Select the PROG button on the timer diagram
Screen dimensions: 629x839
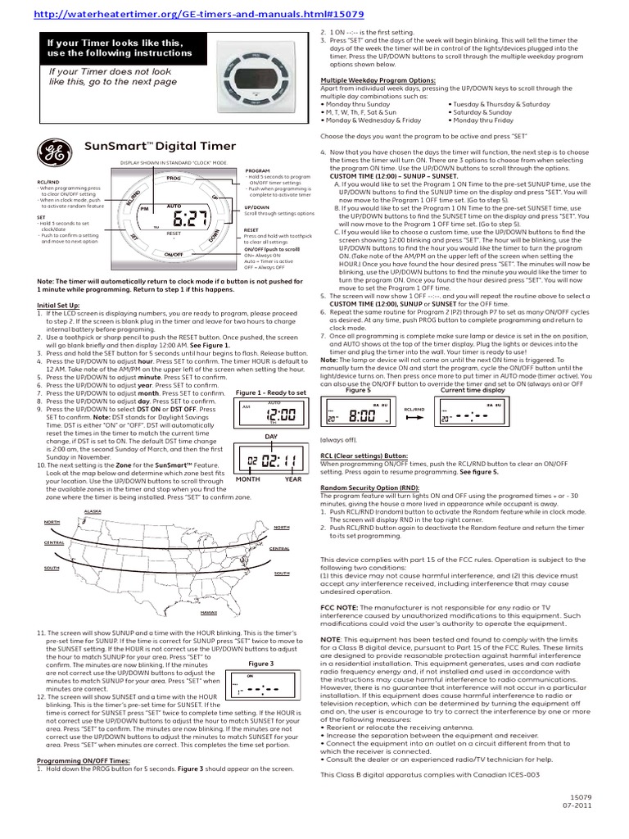[x=173, y=177]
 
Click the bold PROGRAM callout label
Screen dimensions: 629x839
[x=257, y=170]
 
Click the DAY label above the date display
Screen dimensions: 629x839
[x=271, y=437]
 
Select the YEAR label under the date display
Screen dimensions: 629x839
[x=294, y=480]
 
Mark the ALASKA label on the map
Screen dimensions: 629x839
[x=93, y=510]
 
